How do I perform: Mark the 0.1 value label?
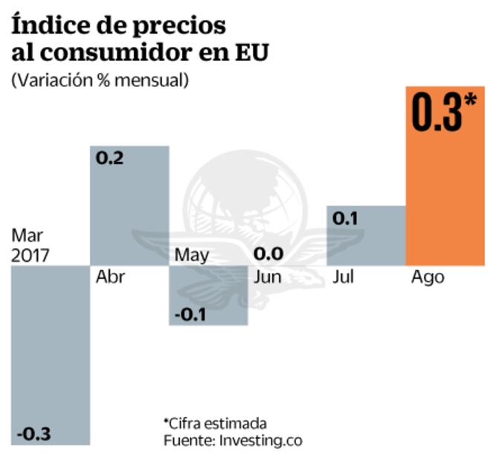pyautogui.click(x=347, y=219)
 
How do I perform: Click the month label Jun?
pyautogui.click(x=267, y=277)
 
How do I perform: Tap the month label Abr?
pyautogui.click(x=111, y=277)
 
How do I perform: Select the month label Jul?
pyautogui.click(x=344, y=277)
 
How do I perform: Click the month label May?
pyautogui.click(x=192, y=256)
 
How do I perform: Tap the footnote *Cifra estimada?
pyautogui.click(x=215, y=422)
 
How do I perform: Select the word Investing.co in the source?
pyautogui.click(x=260, y=440)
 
